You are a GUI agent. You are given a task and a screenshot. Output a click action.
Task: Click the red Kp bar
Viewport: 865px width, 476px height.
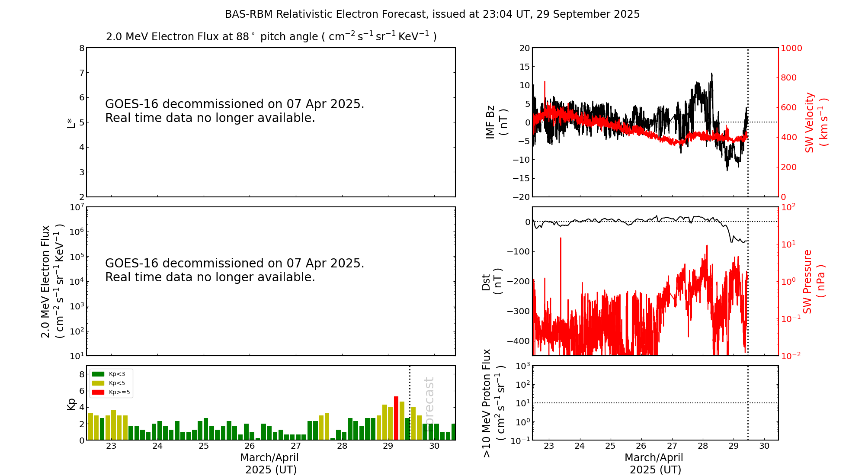pos(396,418)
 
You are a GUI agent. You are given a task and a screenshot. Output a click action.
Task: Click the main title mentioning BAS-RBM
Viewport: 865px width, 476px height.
pos(432,14)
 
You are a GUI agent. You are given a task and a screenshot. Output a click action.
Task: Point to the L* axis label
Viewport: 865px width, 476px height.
pos(71,122)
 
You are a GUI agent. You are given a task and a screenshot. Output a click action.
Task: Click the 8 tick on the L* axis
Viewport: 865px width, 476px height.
pos(81,48)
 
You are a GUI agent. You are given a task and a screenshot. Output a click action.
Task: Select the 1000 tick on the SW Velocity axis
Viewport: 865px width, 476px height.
pos(791,48)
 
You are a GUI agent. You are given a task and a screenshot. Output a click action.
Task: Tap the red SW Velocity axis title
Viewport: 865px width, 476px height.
pos(816,122)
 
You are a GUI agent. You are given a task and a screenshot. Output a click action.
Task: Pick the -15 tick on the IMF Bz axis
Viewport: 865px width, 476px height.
pos(521,178)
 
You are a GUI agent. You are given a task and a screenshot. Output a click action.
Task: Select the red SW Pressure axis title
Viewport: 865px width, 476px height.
pos(814,282)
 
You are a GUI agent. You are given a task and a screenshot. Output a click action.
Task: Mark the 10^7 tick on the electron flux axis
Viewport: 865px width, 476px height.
pos(76,207)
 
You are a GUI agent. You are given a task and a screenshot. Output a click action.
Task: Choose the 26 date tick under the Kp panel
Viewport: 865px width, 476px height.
pos(250,446)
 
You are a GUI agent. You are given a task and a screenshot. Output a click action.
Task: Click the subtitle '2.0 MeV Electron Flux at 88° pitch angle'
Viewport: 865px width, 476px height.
pos(271,37)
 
